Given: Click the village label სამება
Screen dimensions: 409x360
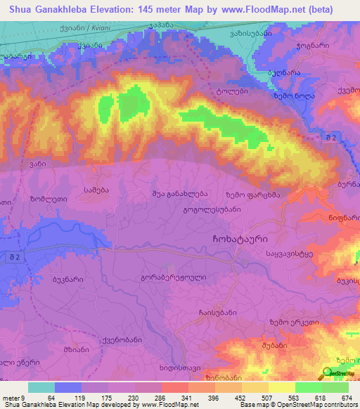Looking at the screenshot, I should [96, 190].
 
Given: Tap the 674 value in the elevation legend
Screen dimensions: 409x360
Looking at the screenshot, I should [347, 398].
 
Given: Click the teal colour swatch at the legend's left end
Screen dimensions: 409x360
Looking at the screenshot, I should [41, 387].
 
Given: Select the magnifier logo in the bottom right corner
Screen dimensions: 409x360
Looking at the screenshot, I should [328, 373].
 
